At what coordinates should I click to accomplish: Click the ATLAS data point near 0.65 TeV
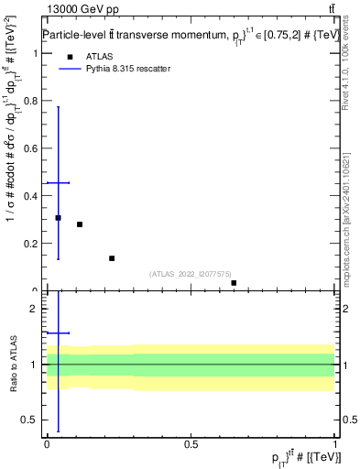(x=234, y=283)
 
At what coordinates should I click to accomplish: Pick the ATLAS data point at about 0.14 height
(x=112, y=258)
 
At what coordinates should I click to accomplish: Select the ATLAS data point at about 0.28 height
(x=80, y=224)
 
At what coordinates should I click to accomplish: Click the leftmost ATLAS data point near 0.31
(x=58, y=218)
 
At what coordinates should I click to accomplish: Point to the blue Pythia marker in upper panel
(x=58, y=183)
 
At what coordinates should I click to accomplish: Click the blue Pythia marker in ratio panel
(x=58, y=333)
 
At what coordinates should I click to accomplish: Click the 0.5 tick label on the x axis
(x=191, y=443)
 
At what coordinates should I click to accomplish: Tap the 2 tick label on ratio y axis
(x=35, y=309)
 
